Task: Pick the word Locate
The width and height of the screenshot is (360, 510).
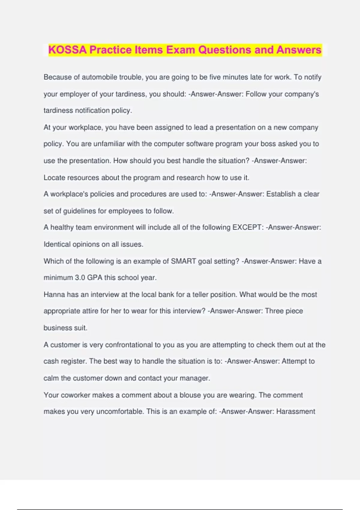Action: pyautogui.click(x=54, y=178)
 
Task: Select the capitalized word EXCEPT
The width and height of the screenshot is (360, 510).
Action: pyautogui.click(x=247, y=227)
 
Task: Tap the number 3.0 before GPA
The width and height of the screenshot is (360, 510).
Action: pyautogui.click(x=80, y=278)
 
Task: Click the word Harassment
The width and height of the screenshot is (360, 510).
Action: pyautogui.click(x=295, y=412)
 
